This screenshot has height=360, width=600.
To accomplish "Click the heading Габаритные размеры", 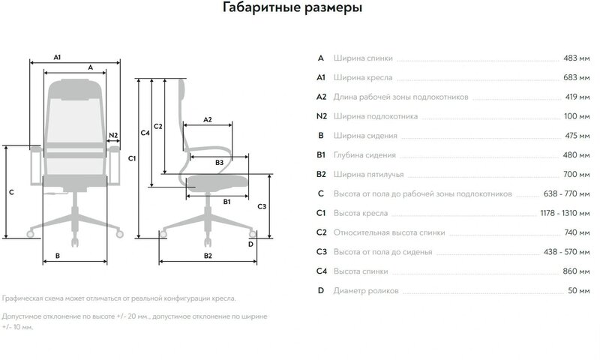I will tap(293, 10).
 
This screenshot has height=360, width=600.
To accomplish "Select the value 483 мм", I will tap(566, 58).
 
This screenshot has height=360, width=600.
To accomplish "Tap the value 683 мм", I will tap(566, 77).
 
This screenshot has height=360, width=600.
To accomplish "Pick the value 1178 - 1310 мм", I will tap(550, 212).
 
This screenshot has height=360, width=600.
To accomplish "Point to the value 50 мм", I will tap(568, 289).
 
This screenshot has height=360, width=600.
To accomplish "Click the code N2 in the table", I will tap(322, 116).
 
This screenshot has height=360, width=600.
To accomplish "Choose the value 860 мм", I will tap(566, 271).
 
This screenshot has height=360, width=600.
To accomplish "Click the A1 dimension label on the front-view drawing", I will tap(57, 56).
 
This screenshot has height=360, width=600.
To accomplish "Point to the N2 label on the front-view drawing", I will tap(113, 136).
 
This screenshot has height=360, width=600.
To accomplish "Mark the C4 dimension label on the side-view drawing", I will tap(145, 133).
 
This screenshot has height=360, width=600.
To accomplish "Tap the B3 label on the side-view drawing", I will tap(219, 162).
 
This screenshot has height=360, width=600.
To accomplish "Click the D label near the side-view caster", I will tap(250, 244).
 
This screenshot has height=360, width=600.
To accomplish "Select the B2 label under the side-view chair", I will tap(208, 256).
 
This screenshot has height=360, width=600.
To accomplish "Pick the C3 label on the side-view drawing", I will tap(261, 205).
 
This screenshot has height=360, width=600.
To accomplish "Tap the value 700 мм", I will tap(566, 174).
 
